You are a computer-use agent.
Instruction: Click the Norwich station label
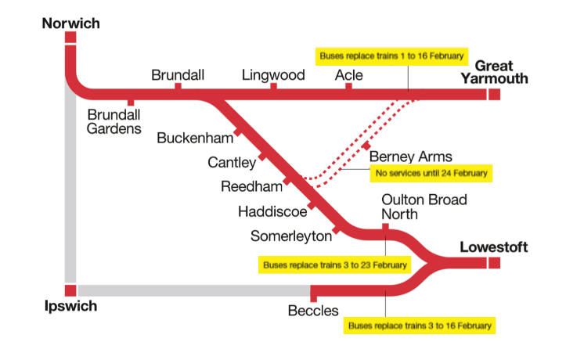(x=70, y=23)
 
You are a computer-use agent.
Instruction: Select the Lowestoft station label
(x=494, y=247)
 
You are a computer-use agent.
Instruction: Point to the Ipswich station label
(x=70, y=306)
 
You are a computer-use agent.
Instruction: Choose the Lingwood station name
(x=273, y=75)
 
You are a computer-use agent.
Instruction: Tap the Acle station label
(x=348, y=75)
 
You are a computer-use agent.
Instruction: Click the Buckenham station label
(x=195, y=139)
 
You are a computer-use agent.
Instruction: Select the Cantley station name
(x=232, y=163)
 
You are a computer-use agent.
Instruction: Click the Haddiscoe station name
(x=271, y=211)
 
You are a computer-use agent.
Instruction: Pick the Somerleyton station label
(x=290, y=236)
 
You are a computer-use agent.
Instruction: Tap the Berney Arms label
(x=410, y=157)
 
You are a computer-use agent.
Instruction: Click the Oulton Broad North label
(x=424, y=207)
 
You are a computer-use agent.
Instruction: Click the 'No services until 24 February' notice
(x=431, y=173)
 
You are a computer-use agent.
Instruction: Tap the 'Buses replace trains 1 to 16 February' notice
(x=392, y=56)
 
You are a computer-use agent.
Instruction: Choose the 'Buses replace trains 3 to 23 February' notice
(x=335, y=265)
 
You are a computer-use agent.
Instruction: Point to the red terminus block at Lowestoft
(x=494, y=263)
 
